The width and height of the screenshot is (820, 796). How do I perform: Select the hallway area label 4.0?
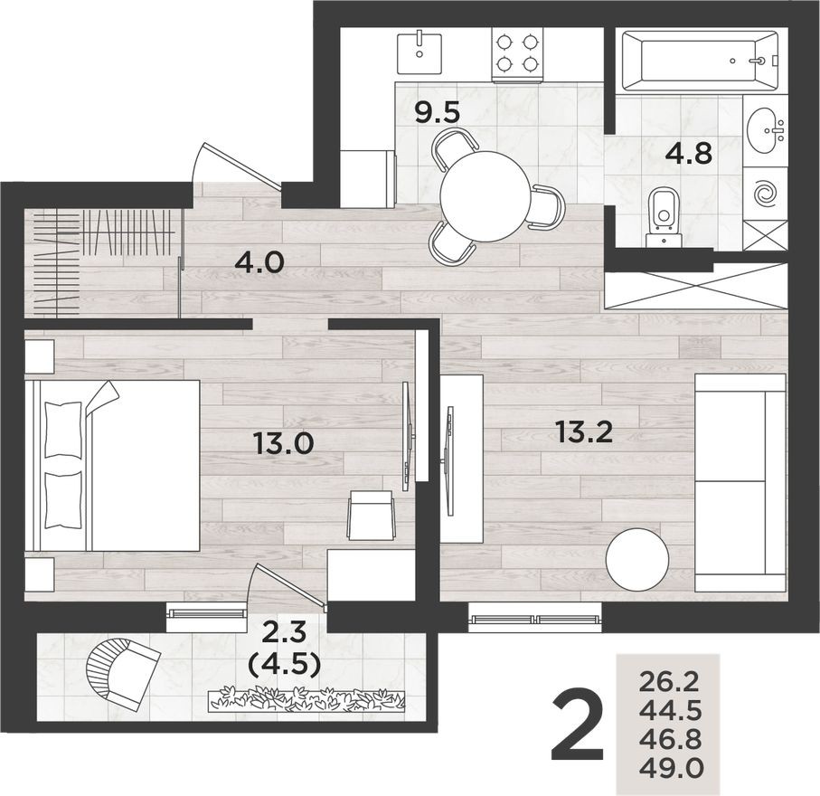point(259,263)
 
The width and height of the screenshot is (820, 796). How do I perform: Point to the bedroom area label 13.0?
point(283,443)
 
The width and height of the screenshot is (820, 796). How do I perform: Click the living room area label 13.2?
point(584,432)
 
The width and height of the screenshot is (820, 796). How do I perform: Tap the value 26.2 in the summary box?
point(670,678)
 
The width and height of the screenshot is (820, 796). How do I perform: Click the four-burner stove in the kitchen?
point(517,52)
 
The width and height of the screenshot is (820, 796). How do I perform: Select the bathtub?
point(699,61)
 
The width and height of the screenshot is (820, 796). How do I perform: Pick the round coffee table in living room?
point(636,560)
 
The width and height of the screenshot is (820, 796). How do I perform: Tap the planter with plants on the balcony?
point(307,699)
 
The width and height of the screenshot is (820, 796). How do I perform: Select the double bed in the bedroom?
point(113,465)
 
